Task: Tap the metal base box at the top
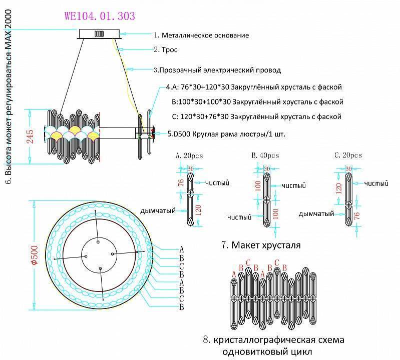pyautogui.click(x=99, y=33)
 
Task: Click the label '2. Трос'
pyautogui.click(x=166, y=50)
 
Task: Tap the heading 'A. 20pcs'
pyautogui.click(x=189, y=155)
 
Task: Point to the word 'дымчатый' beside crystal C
pyautogui.click(x=316, y=213)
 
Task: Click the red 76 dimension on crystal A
pyautogui.click(x=181, y=183)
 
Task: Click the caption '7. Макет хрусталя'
pyautogui.click(x=260, y=245)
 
